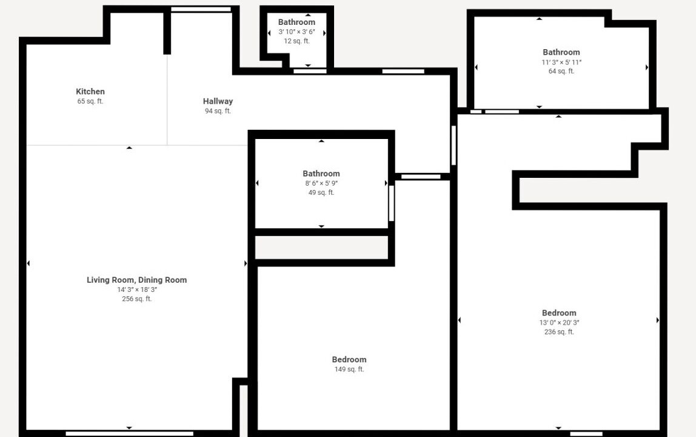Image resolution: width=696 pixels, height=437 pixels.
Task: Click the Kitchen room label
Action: pyautogui.click(x=90, y=92)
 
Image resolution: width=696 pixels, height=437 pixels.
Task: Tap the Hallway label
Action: pyautogui.click(x=218, y=101)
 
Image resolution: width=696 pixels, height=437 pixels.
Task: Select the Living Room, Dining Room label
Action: pyautogui.click(x=137, y=280)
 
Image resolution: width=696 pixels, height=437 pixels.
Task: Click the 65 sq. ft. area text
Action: pyautogui.click(x=90, y=101)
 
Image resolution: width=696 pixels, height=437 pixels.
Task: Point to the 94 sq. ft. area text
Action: pyautogui.click(x=218, y=111)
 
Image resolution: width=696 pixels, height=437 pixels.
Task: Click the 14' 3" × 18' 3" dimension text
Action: pyautogui.click(x=137, y=290)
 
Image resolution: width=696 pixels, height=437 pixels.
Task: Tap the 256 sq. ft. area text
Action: pyautogui.click(x=137, y=299)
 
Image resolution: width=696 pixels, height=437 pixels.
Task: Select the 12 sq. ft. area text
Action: pyautogui.click(x=297, y=41)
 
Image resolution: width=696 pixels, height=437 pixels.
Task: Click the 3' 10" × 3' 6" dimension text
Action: pyautogui.click(x=297, y=32)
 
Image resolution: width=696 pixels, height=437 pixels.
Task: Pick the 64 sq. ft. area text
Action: pyautogui.click(x=561, y=71)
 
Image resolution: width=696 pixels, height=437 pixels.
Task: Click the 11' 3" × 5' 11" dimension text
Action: pyautogui.click(x=561, y=63)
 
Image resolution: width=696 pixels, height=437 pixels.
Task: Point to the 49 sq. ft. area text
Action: pyautogui.click(x=321, y=192)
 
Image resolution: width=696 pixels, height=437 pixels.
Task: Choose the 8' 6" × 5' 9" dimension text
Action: pyautogui.click(x=321, y=183)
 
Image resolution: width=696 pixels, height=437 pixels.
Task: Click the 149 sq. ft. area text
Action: pyautogui.click(x=349, y=369)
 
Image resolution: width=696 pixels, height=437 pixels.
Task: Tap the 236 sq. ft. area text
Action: pyautogui.click(x=559, y=331)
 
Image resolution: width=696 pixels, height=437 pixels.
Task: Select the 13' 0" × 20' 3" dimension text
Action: pyautogui.click(x=559, y=322)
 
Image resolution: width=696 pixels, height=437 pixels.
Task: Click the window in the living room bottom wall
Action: pyautogui.click(x=130, y=433)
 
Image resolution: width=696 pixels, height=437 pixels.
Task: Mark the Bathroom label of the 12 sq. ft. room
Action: pyautogui.click(x=297, y=22)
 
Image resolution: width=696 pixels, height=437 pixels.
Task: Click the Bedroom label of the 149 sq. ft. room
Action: pyautogui.click(x=349, y=360)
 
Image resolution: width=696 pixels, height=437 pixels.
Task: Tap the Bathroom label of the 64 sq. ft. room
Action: pyautogui.click(x=561, y=52)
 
